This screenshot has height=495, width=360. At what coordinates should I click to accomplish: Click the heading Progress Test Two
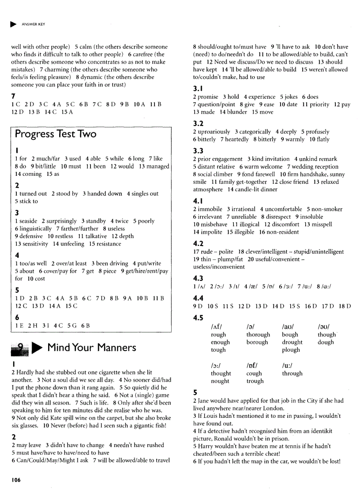tap(56, 134)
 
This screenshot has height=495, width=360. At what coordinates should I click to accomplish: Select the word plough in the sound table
tap(291, 350)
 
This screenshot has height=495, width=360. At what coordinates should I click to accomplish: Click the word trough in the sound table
tap(255, 381)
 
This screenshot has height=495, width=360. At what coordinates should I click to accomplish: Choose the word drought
tap(292, 342)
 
